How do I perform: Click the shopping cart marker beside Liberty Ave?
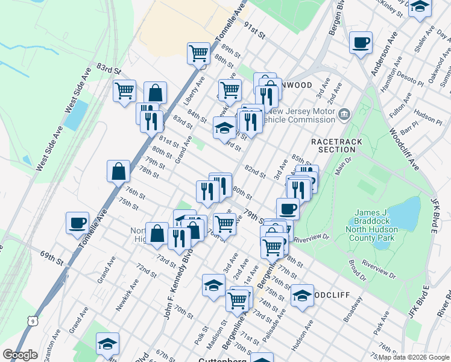tap(198, 54)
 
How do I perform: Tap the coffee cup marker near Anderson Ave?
tap(361, 43)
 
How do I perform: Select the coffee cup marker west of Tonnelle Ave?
tap(78, 223)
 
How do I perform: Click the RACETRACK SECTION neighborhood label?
tap(333, 145)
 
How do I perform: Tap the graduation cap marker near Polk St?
tap(213, 285)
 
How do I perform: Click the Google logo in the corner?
tap(20, 355)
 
